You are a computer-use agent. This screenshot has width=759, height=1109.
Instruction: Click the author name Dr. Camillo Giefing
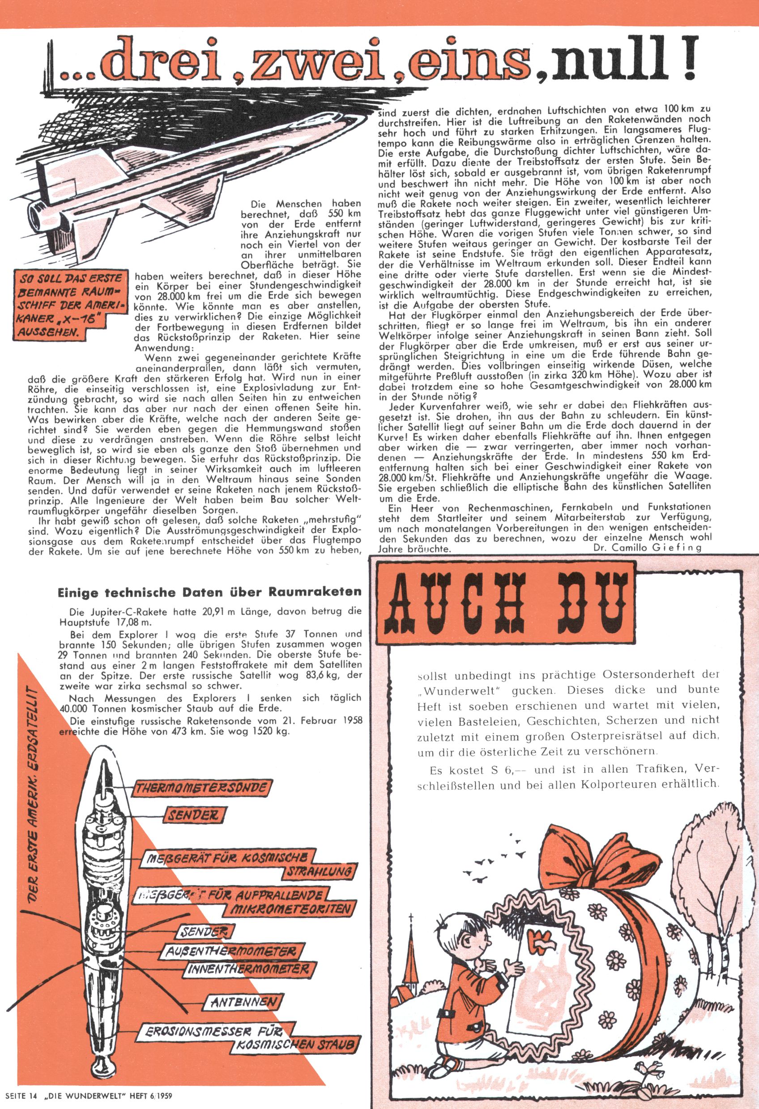tap(647, 548)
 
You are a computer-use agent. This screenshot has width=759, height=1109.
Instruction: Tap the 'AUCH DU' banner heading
tap(507, 604)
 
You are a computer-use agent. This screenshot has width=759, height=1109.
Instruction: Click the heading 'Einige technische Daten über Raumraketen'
tap(209, 593)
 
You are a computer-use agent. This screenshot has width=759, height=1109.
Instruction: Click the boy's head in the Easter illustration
tap(470, 931)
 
